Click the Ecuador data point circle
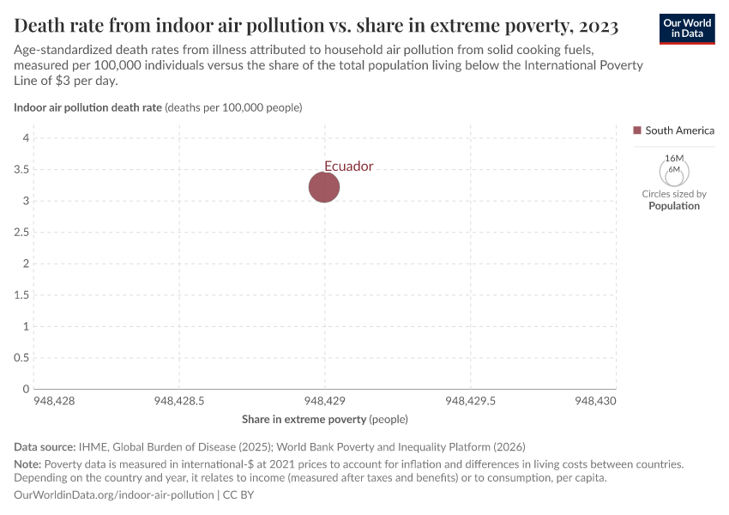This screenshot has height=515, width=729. click(x=324, y=187)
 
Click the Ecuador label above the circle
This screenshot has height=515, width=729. click(x=348, y=167)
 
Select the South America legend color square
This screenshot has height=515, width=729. click(x=637, y=130)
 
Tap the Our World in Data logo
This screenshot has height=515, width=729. click(x=687, y=28)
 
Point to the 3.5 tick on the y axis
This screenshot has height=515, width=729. click(x=22, y=170)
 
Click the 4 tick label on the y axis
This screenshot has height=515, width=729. click(x=27, y=138)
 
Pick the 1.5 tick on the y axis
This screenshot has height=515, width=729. click(x=22, y=295)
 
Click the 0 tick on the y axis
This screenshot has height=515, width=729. click(x=27, y=390)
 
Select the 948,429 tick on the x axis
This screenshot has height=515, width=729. click(x=325, y=401)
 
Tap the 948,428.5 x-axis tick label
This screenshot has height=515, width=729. click(x=178, y=401)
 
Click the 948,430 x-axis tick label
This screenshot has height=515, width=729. click(x=595, y=401)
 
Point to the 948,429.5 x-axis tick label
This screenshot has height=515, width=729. click(x=470, y=401)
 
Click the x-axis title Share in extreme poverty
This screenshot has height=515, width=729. click(x=304, y=420)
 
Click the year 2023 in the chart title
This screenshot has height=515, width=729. click(x=590, y=26)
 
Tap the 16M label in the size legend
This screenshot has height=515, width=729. click(x=674, y=159)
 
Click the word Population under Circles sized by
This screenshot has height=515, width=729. click(x=674, y=206)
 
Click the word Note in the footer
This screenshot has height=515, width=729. click(x=28, y=463)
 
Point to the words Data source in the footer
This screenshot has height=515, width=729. click(x=45, y=446)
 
